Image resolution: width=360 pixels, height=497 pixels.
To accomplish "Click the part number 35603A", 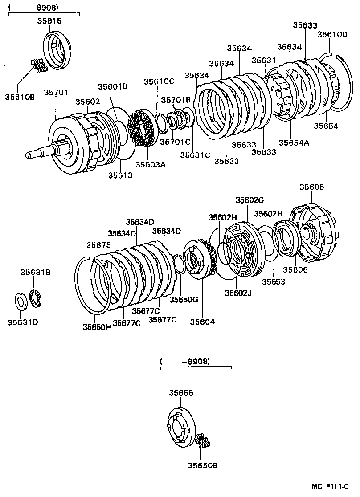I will [150, 164].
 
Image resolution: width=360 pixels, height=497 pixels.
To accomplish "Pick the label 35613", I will [120, 175].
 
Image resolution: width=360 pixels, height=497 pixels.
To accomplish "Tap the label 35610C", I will [159, 81].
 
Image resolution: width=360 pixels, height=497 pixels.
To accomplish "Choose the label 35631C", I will [195, 155].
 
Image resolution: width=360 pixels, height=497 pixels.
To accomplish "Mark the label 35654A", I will [294, 143].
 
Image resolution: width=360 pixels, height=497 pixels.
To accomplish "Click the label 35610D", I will [332, 34].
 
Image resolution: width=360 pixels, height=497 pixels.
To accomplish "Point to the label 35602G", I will [250, 200].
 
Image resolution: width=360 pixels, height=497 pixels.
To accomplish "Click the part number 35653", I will [273, 281].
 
